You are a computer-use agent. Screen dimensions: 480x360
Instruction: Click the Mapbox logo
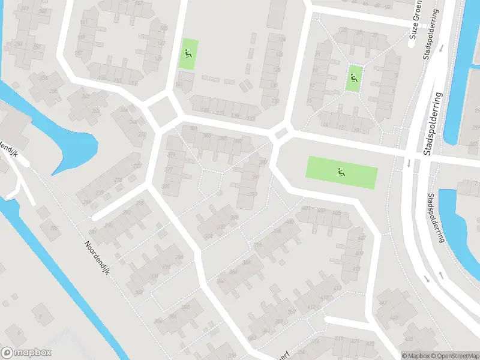pyautogui.click(x=26, y=353)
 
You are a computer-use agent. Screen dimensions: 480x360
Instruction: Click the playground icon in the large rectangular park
pyautogui.click(x=341, y=172)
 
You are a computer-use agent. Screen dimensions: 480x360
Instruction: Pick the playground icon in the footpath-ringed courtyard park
pyautogui.click(x=353, y=77)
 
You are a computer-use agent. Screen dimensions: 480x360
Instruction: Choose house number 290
pyautogui.click(x=109, y=225)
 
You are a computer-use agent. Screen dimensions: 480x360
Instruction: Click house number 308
pyautogui.click(x=185, y=307)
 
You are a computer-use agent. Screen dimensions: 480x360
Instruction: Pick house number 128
pyautogui.click(x=277, y=70)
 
